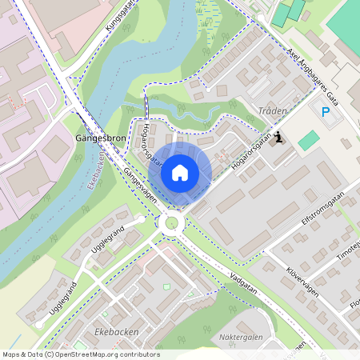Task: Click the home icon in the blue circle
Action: (180, 173)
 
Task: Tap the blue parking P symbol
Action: (326, 113)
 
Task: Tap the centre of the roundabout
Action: (170, 223)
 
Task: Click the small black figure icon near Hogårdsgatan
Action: (278, 138)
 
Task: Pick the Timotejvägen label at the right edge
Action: (346, 251)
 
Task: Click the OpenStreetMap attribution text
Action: (80, 354)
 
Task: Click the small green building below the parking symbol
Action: (308, 141)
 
